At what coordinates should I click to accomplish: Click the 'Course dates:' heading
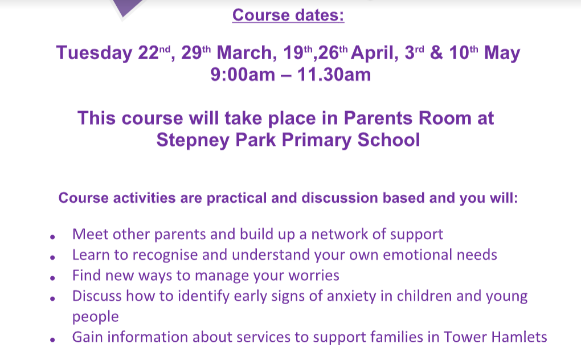[x=288, y=15]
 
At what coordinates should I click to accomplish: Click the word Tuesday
[x=94, y=53]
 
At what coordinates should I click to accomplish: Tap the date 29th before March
[x=195, y=52]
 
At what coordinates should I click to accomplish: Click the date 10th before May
[x=463, y=52]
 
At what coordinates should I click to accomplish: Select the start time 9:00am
[x=243, y=75]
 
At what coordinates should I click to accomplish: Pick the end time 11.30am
[x=334, y=75]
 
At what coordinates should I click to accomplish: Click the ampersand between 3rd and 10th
[x=436, y=52]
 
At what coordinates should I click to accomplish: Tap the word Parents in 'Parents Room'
[x=378, y=118]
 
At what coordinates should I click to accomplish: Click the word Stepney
[x=193, y=141]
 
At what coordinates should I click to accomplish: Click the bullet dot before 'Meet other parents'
[x=52, y=236]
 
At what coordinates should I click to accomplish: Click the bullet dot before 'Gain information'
[x=52, y=339]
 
